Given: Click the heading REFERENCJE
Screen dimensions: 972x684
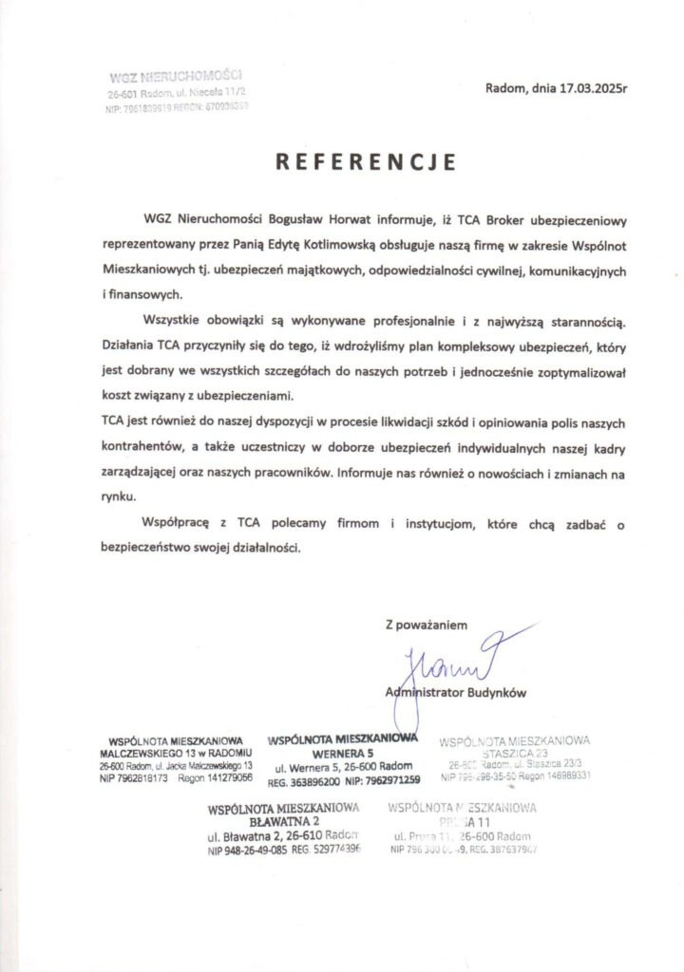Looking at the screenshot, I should (x=366, y=161).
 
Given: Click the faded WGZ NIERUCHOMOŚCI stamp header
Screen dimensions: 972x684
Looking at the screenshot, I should (x=176, y=75).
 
